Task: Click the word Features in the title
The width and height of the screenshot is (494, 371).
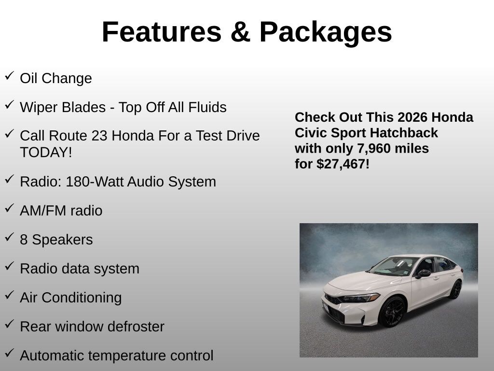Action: pos(162,32)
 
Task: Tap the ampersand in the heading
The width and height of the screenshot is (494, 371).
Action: pos(241,32)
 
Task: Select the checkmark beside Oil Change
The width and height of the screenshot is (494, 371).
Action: pos(9,76)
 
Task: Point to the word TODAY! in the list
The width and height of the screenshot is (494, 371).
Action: pos(46,152)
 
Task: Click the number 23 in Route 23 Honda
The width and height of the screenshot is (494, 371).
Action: pos(99,136)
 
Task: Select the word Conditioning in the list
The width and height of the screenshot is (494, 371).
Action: pos(82,298)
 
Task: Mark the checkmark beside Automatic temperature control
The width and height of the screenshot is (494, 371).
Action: pos(9,353)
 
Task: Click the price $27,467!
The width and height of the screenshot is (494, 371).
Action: pos(343,164)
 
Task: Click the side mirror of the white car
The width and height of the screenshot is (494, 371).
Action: pos(423,273)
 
